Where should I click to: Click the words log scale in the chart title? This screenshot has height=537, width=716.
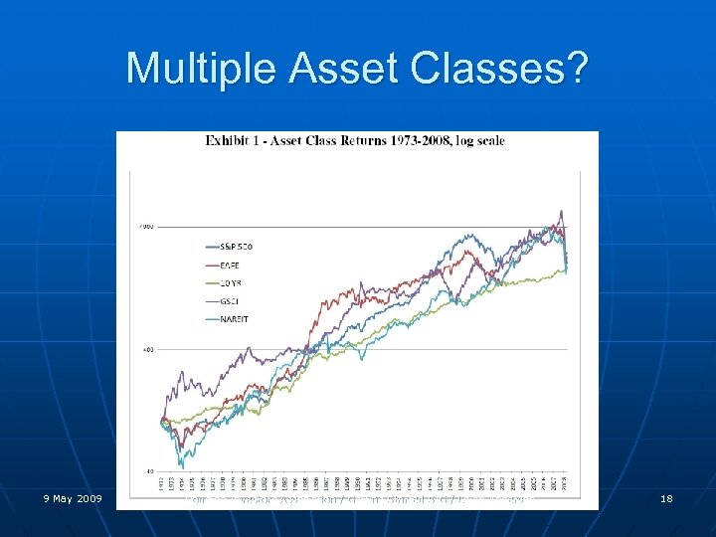point(478,140)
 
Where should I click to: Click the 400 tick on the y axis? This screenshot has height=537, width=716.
point(147,349)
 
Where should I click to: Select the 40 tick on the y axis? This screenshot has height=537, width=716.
point(149,470)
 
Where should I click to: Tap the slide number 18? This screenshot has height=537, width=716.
point(666,497)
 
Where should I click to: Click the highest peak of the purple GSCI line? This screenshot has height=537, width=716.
point(561,211)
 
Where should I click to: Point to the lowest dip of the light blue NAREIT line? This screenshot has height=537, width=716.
point(182,465)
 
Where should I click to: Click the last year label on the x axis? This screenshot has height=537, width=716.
point(565,482)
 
